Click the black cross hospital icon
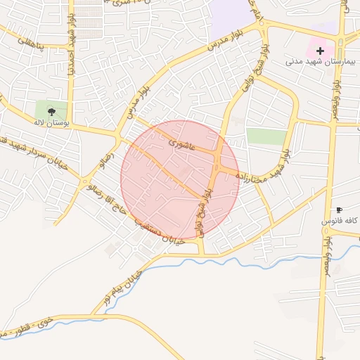click(321, 51)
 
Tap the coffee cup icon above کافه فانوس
click(340, 210)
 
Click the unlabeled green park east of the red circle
click(266, 136)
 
